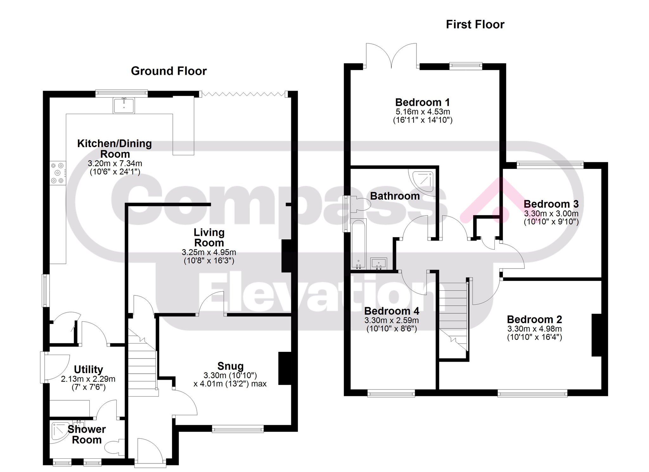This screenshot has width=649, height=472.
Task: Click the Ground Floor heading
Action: click(169, 71)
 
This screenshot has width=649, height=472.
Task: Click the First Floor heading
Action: click(475, 24)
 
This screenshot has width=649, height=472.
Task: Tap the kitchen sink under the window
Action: click(124, 106)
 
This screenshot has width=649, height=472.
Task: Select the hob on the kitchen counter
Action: click(58, 173)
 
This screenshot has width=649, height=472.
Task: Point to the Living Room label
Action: click(209, 237)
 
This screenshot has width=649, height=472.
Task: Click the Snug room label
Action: click(230, 366)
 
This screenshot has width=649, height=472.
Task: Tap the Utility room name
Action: click(88, 369)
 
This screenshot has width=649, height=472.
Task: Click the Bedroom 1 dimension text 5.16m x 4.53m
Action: click(423, 112)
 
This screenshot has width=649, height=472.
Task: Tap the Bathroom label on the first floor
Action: click(395, 196)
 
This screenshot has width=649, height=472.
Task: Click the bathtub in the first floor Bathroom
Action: click(359, 244)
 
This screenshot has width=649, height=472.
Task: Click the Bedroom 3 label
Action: click(551, 204)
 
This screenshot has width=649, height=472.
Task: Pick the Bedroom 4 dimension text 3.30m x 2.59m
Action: click(392, 320)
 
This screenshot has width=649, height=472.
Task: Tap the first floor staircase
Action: click(453, 317)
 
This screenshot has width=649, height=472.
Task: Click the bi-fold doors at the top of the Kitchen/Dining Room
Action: click(243, 94)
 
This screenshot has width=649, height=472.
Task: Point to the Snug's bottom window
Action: click(238, 429)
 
